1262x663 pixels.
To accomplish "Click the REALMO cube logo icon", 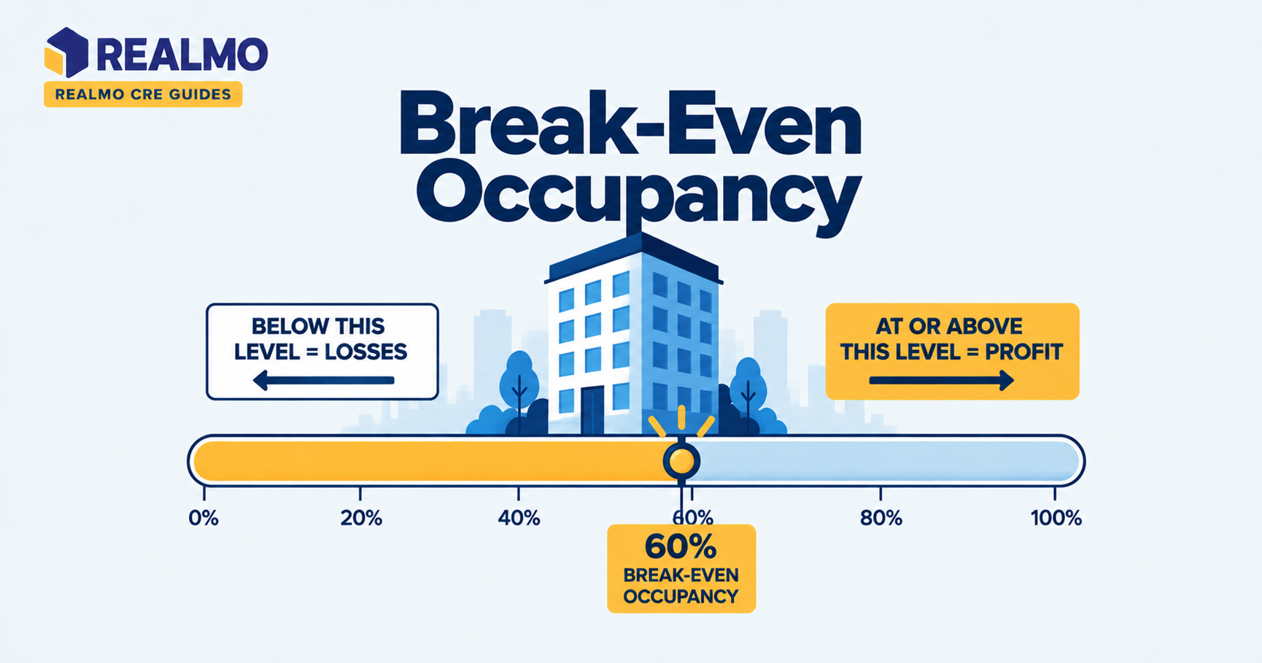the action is pos(66,53).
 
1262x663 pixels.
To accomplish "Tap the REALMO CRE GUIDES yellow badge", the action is pos(143,94).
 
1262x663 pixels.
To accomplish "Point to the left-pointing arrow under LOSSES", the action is pos(323,380).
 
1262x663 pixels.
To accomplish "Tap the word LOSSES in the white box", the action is pos(365,352).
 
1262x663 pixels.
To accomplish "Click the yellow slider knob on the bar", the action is pos(681,461).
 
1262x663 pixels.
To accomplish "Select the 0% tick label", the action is pos(204,519).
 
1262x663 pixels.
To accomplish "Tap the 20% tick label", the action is pos(361,519).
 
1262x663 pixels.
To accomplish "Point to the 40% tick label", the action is pos(519,519).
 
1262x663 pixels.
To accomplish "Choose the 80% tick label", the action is pos(881,519).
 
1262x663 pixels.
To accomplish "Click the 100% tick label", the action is pos(1056,519).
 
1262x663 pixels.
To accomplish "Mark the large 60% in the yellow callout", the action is pos(681,547).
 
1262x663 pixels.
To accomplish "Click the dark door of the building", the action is pos(592,410).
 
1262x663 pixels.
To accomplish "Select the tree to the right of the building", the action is pos(748,390).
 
